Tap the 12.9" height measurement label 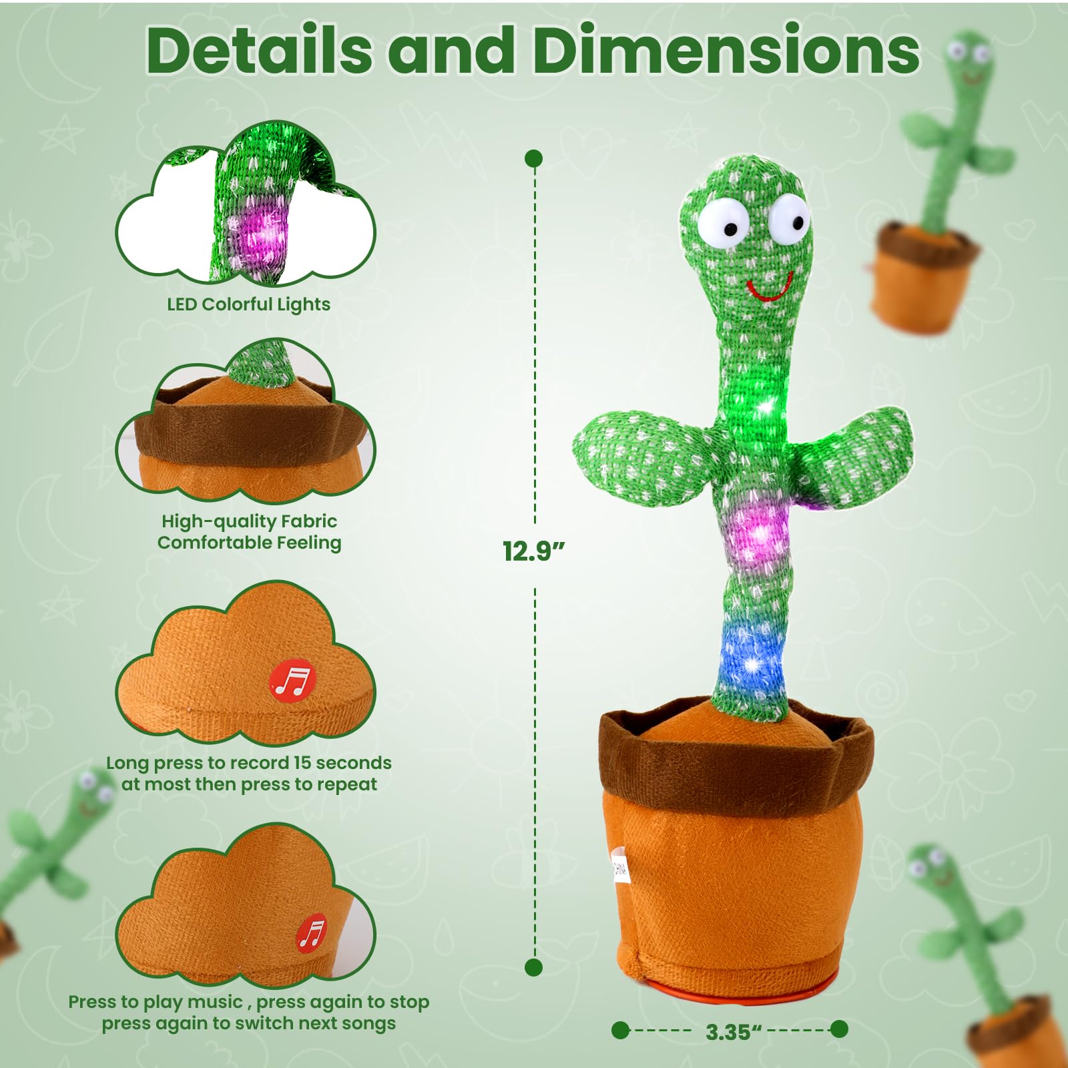[x=533, y=551]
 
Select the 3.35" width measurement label [x=733, y=1032]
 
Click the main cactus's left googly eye [x=724, y=224]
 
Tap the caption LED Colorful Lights [x=248, y=304]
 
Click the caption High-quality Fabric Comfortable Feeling [x=249, y=532]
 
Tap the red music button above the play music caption [x=312, y=932]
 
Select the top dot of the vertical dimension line [x=534, y=158]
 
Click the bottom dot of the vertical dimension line [x=533, y=967]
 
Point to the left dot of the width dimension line [x=620, y=1030]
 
